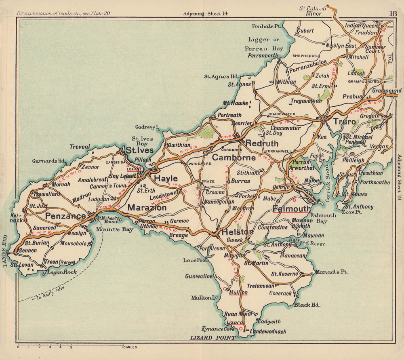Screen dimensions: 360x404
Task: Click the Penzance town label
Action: click(x=65, y=216)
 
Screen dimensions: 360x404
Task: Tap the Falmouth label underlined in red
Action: click(x=292, y=208)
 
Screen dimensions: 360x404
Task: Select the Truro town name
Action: click(x=344, y=122)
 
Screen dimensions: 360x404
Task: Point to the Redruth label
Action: click(x=262, y=143)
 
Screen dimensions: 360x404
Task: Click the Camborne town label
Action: click(x=234, y=158)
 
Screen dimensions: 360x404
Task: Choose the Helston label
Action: click(x=237, y=232)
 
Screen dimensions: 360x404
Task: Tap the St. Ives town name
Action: click(x=139, y=150)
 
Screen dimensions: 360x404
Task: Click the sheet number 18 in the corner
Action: click(x=393, y=13)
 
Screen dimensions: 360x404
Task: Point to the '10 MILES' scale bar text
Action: click(x=132, y=347)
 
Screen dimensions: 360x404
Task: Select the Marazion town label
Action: click(x=147, y=208)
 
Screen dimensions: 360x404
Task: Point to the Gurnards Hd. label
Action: click(x=49, y=161)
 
